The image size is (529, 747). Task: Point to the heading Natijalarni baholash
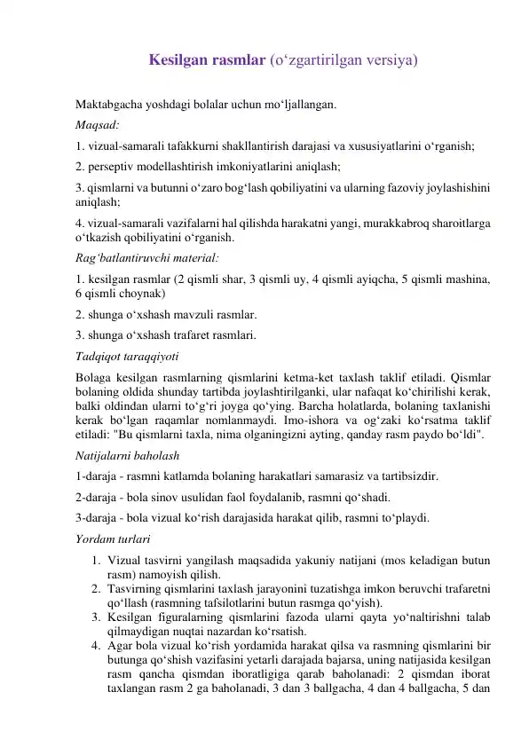129,456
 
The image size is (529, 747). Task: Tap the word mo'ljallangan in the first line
300,105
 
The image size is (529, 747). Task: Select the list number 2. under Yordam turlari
95,588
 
